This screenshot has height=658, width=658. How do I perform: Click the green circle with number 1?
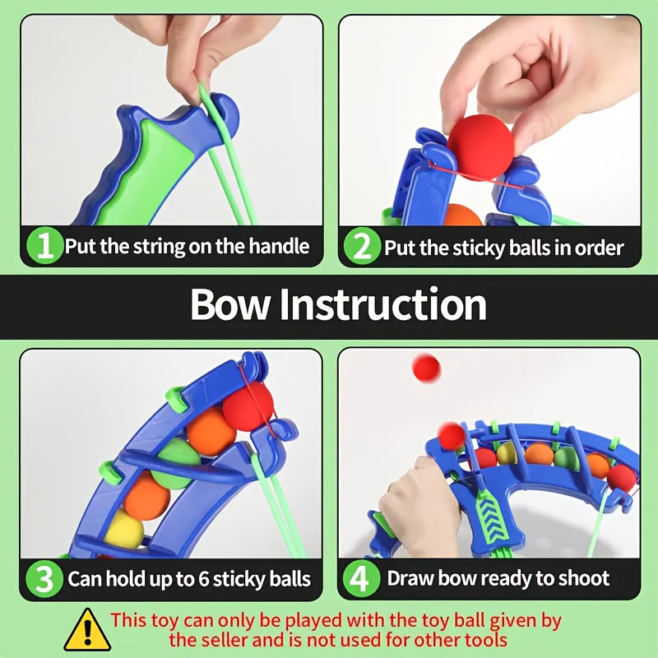pos(45,246)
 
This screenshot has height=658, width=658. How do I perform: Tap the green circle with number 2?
pos(363,246)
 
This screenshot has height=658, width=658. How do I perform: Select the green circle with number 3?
pos(45,578)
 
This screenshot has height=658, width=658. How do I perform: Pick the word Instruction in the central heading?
pos(382,305)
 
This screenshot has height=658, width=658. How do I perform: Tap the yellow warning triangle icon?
pos(87,629)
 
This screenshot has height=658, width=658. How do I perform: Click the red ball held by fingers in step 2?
pos(480,147)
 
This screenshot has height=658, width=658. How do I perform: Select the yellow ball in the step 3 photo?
pos(123,528)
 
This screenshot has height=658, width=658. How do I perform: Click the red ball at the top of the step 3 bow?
pos(248,406)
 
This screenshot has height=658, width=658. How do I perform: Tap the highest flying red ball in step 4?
pos(426,368)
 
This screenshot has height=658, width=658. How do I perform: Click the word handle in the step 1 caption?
pos(276,246)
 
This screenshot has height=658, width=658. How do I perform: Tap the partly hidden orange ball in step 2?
pos(463,215)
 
